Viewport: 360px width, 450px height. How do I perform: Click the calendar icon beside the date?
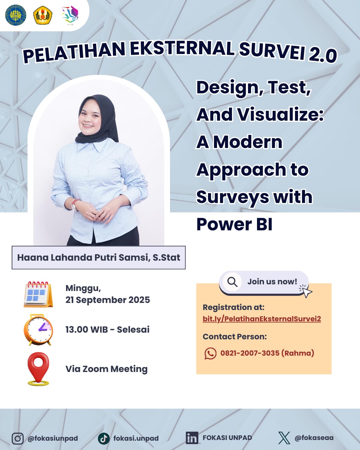tap(38, 294)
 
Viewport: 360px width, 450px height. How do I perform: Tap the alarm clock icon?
tap(38, 330)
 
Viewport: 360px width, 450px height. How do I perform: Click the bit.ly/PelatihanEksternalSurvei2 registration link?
tap(262, 319)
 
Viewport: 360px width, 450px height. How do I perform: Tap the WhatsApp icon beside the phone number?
tap(210, 353)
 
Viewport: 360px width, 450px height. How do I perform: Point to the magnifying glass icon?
tap(232, 282)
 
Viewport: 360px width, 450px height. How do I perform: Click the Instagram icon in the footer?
tap(18, 438)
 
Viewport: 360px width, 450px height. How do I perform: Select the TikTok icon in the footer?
tap(104, 438)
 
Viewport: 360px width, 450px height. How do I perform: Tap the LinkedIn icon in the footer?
tap(192, 438)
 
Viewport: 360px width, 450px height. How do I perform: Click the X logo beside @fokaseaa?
tap(284, 438)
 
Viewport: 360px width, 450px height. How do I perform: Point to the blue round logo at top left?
tap(16, 15)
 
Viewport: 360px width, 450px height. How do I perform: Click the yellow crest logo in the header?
tap(43, 15)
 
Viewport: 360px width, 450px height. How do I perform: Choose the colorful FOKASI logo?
tap(70, 14)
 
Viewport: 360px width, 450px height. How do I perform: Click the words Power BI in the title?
tap(234, 224)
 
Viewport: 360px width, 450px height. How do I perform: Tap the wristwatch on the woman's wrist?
tap(74, 205)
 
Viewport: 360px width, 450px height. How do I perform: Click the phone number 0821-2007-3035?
tap(250, 353)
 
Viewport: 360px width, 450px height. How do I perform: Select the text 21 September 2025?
tap(108, 300)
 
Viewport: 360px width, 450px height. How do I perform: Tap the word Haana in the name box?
tap(33, 258)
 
